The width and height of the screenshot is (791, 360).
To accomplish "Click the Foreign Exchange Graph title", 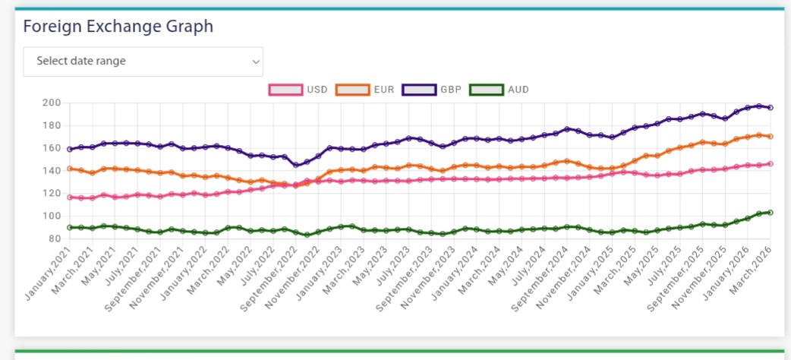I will click(118, 27).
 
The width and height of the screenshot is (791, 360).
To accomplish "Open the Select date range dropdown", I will click(143, 62).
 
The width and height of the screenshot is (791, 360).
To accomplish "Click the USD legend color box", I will click(285, 90).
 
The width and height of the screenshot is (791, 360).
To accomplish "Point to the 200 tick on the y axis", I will click(52, 103).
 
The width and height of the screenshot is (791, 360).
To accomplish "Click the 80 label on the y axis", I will click(55, 238).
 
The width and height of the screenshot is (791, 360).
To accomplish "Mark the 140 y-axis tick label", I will click(52, 171).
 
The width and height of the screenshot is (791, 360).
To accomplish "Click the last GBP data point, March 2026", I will click(771, 108).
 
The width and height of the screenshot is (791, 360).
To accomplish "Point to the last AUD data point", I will click(771, 213).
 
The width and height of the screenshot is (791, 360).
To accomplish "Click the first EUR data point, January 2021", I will click(70, 169).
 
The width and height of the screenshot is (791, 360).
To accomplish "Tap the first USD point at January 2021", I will click(70, 197).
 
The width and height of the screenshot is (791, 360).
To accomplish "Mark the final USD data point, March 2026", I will click(771, 163).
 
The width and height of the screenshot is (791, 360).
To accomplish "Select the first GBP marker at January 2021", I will click(70, 149).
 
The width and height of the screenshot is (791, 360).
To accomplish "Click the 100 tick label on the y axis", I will click(52, 216).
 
